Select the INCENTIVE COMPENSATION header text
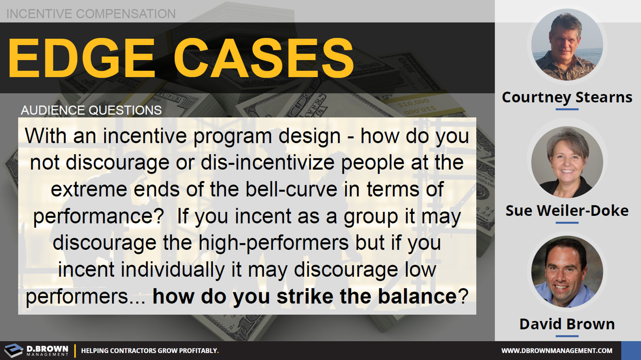[x=91, y=14]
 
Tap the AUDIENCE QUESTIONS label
[x=91, y=110]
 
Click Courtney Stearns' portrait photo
[x=567, y=45]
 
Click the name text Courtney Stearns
[x=567, y=97]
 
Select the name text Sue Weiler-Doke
[x=567, y=211]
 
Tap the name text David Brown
[x=567, y=324]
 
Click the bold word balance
[x=411, y=296]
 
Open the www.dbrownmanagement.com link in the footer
[x=557, y=350]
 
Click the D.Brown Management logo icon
[x=14, y=350]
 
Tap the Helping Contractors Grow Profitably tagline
[x=150, y=350]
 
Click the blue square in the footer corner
[x=630, y=350]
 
